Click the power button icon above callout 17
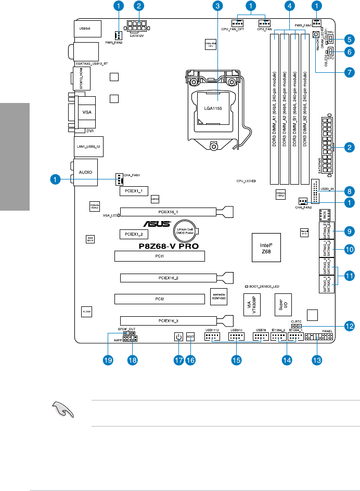[x=178, y=337]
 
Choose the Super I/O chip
[x=280, y=304]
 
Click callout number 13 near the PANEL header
[x=316, y=360]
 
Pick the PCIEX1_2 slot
[x=134, y=235]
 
